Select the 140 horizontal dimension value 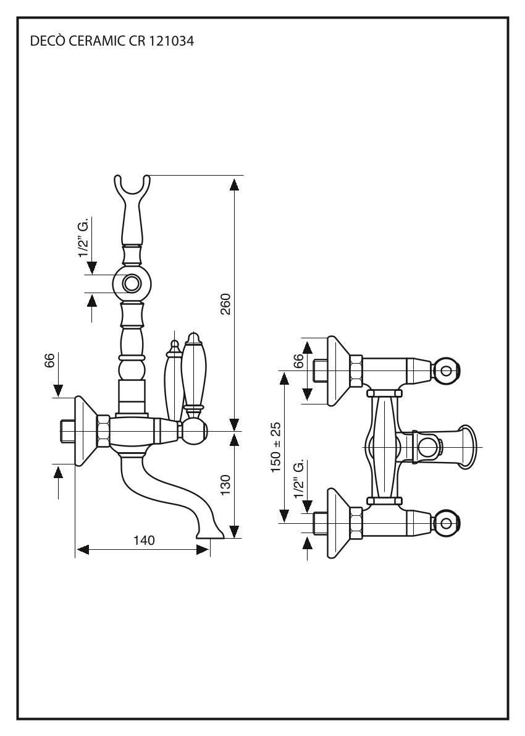coord(144,541)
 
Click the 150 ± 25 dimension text coord(276,447)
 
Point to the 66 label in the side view coord(50,361)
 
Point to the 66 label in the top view coord(298,361)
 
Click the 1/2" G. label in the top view coord(299,480)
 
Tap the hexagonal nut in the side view coord(104,431)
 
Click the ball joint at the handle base coord(195,429)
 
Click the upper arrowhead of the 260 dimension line coord(234,184)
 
